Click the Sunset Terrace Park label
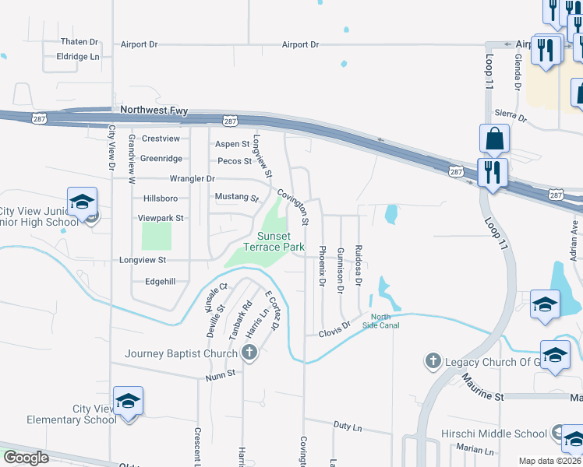[273, 241]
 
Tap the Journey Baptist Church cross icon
[249, 354]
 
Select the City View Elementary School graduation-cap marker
[128, 402]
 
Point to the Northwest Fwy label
[154, 111]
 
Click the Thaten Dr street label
[79, 42]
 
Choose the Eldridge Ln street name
[78, 57]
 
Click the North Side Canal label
[385, 321]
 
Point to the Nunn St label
[221, 374]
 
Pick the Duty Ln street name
[348, 427]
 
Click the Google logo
[26, 458]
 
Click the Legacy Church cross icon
[433, 361]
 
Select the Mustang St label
[236, 198]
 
